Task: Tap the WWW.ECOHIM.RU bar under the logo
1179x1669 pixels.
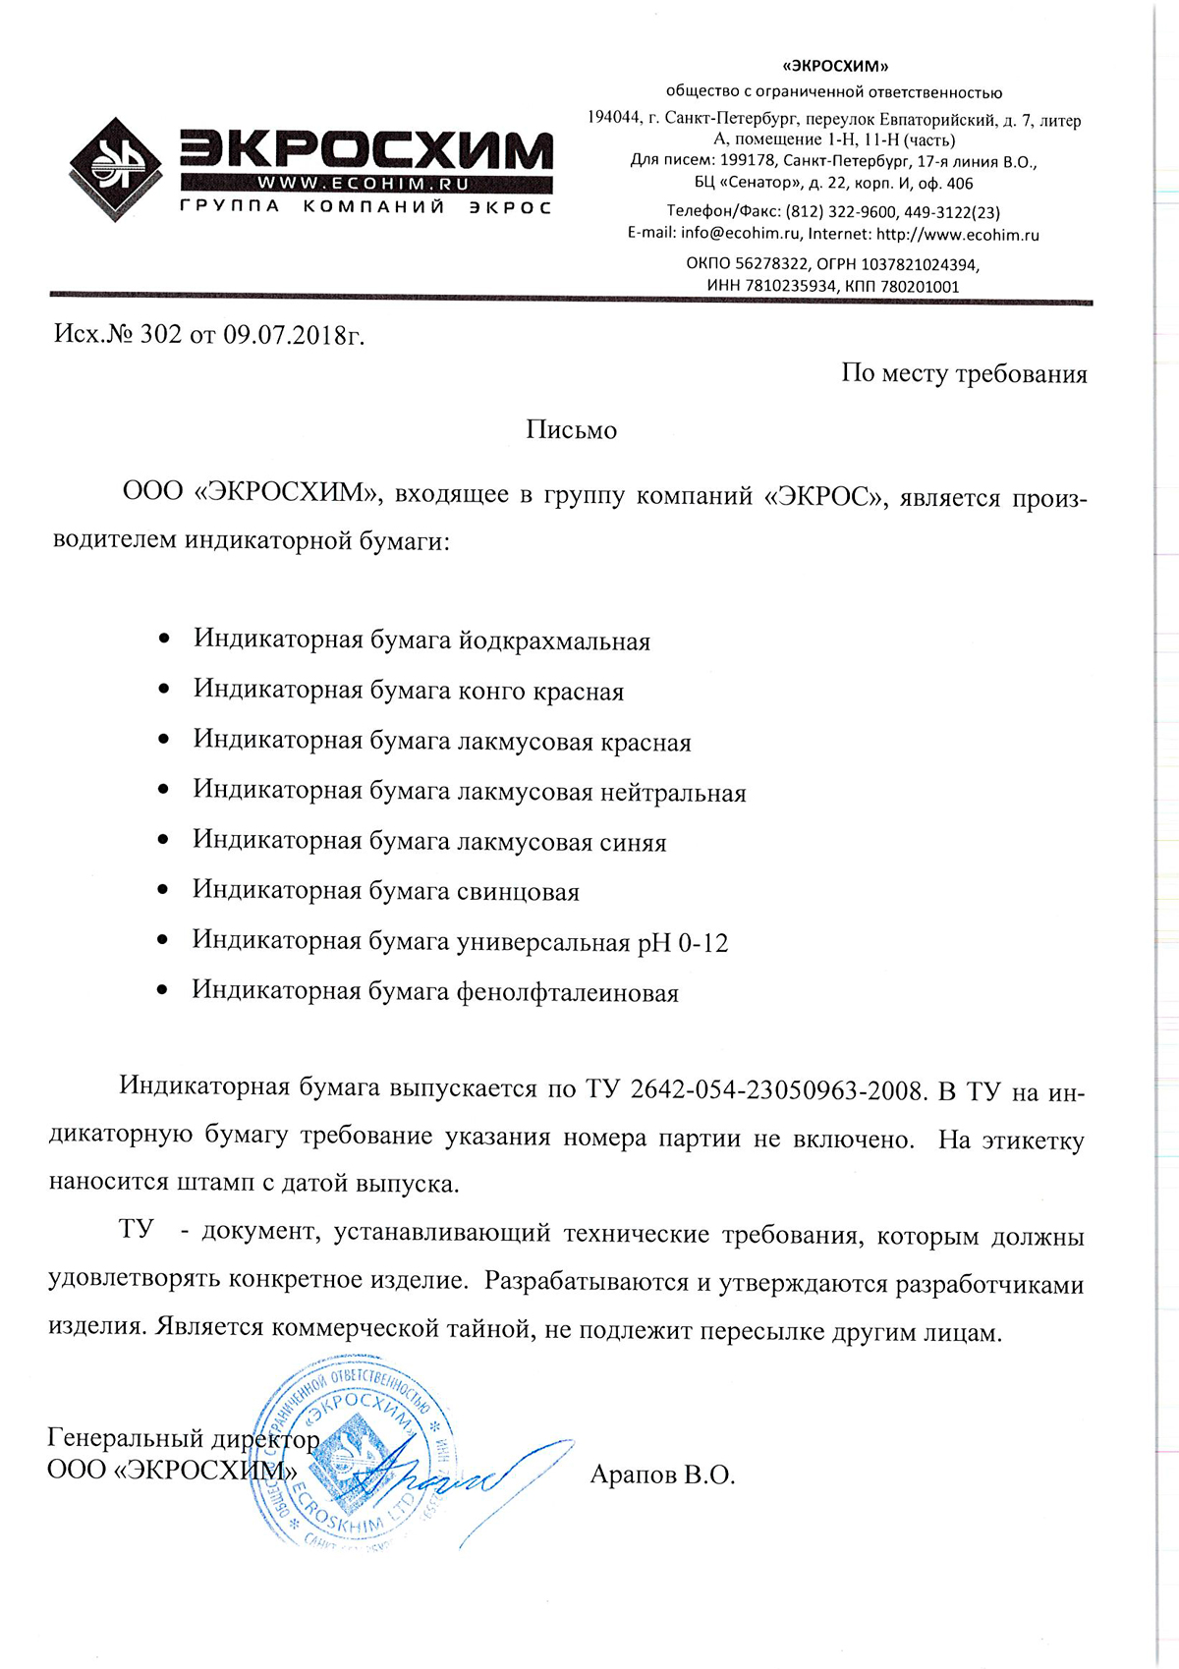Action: click(365, 184)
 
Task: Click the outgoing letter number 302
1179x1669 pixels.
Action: click(160, 334)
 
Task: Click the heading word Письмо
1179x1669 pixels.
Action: click(571, 429)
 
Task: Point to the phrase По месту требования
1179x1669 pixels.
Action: click(964, 373)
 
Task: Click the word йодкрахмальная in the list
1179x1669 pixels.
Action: click(554, 641)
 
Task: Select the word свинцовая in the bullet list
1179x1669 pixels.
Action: click(518, 892)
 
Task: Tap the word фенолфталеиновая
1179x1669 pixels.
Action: click(567, 992)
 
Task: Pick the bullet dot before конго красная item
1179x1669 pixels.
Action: click(164, 689)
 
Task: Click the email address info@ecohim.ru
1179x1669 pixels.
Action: click(740, 235)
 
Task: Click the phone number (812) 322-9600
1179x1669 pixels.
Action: click(840, 211)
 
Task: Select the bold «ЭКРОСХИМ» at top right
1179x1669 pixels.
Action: click(834, 67)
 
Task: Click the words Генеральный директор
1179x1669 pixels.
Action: click(183, 1439)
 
